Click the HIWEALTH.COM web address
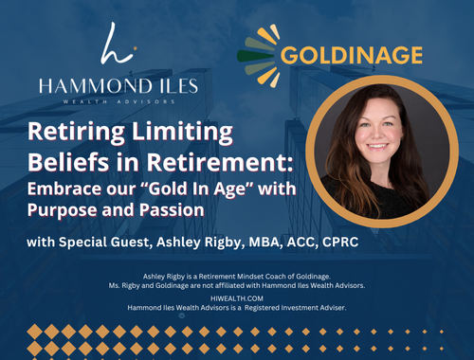(237, 295)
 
